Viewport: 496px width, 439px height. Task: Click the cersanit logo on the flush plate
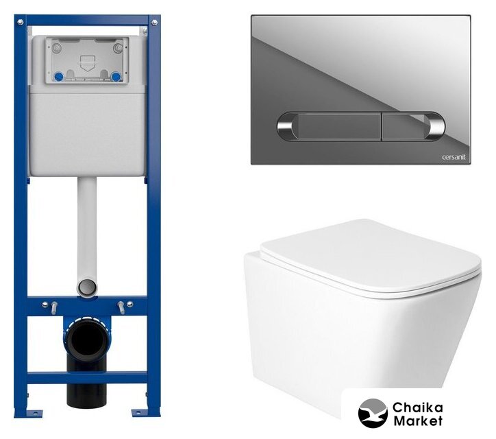point(454,157)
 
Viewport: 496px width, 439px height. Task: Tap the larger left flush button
point(339,126)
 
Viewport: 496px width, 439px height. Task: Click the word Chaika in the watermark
point(417,407)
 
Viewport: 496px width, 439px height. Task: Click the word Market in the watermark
point(418,421)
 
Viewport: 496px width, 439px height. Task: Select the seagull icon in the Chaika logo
point(373,413)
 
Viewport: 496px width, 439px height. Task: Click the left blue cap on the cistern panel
point(59,77)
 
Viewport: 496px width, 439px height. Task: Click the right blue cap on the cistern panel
point(116,77)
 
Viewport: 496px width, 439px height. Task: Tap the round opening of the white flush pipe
point(87,287)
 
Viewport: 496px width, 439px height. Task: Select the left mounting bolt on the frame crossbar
point(54,307)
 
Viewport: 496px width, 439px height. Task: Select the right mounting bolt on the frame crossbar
point(121,307)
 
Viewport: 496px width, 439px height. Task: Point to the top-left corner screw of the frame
point(21,22)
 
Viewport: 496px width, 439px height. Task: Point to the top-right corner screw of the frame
point(154,22)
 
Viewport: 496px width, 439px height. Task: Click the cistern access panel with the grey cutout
point(87,60)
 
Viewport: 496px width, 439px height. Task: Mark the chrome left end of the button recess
point(286,126)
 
